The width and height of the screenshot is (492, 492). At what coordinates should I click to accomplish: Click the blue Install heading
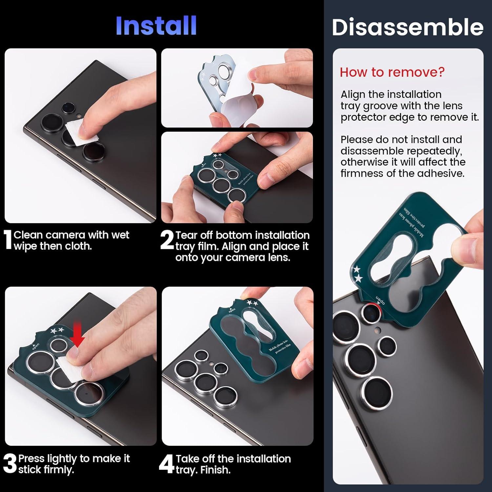pos(156,26)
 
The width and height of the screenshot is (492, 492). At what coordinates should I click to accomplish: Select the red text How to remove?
pos(392,72)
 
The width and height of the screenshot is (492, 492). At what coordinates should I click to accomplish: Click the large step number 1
pos(8,240)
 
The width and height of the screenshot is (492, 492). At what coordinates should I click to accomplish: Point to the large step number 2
pos(167,240)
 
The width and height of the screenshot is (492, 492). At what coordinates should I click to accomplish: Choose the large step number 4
pos(166,464)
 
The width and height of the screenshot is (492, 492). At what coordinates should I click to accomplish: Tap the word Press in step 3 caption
pos(31,458)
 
